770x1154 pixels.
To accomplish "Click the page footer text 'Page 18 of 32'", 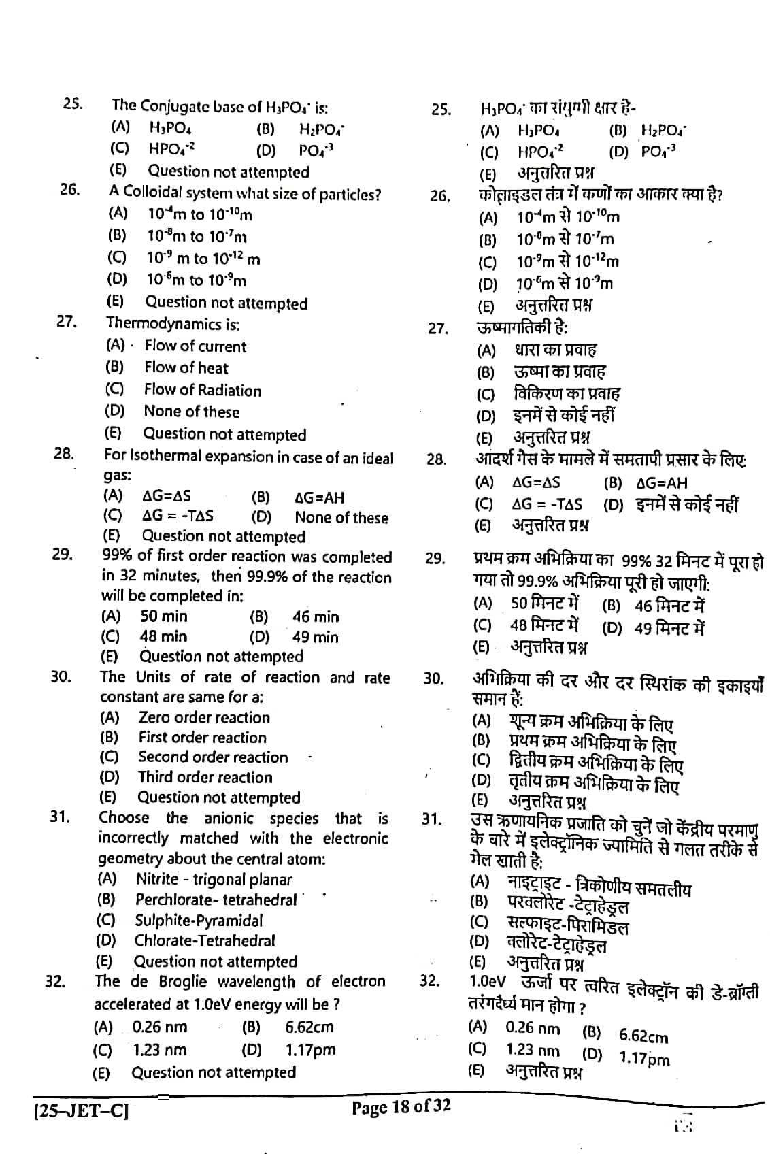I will coord(401,1106).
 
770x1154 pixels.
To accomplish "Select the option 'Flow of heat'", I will coord(186,368).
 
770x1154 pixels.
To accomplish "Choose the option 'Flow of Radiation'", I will coord(202,390).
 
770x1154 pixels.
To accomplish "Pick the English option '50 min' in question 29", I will coord(163,616).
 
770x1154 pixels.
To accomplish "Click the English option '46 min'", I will coord(315,617).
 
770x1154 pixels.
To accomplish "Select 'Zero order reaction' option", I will coord(203,717).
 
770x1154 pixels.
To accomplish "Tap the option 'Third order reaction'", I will coord(205,777).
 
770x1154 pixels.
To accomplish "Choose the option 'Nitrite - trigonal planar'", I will coord(214,880).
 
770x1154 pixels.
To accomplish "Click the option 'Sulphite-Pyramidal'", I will coord(198,921).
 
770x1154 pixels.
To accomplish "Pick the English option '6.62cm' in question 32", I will coord(309,1027).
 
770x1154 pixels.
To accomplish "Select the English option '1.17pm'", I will coord(310,1050).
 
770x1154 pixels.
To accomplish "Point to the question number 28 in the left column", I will coord(63,454).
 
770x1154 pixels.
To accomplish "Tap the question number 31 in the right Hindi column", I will coord(431,819).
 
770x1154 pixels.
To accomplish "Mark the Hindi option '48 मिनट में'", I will coord(543,625).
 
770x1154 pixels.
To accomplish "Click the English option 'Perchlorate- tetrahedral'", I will coord(216,900).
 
